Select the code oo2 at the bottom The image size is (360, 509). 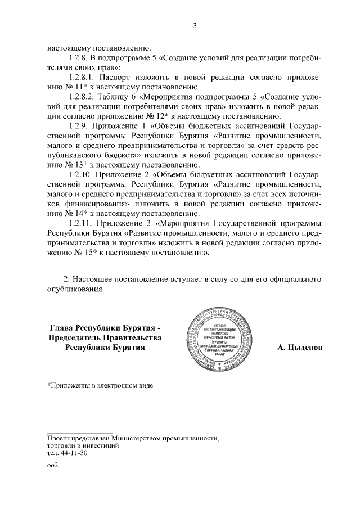click(x=53, y=466)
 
